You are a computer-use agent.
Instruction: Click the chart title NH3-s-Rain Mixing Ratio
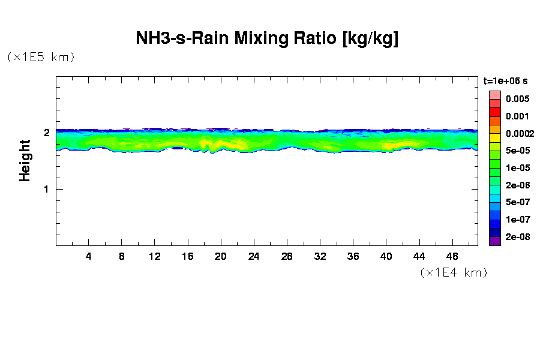pyautogui.click(x=267, y=39)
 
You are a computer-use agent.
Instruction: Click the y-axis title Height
pyautogui.click(x=25, y=160)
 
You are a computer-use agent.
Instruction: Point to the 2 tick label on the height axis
pyautogui.click(x=46, y=133)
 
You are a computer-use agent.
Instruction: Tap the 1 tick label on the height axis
pyautogui.click(x=46, y=189)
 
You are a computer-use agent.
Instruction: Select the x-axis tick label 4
pyautogui.click(x=89, y=256)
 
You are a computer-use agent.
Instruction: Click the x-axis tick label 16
pyautogui.click(x=188, y=256)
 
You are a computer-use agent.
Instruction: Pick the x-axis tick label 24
pyautogui.click(x=254, y=256)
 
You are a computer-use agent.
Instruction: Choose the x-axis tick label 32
pyautogui.click(x=320, y=256)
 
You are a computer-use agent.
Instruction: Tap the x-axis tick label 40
pyautogui.click(x=386, y=256)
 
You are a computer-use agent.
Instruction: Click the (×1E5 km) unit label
pyautogui.click(x=41, y=57)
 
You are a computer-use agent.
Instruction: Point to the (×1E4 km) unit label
pyautogui.click(x=454, y=272)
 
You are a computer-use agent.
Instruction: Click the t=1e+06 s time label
pyautogui.click(x=505, y=80)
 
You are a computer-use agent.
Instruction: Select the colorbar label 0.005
pyautogui.click(x=517, y=99)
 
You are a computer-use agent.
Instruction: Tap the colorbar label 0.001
pyautogui.click(x=517, y=116)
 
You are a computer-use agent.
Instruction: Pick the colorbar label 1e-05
pyautogui.click(x=517, y=168)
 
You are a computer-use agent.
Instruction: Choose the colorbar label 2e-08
pyautogui.click(x=517, y=237)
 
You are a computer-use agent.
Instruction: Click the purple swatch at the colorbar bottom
pyautogui.click(x=494, y=241)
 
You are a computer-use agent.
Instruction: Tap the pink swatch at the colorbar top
pyautogui.click(x=494, y=95)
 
